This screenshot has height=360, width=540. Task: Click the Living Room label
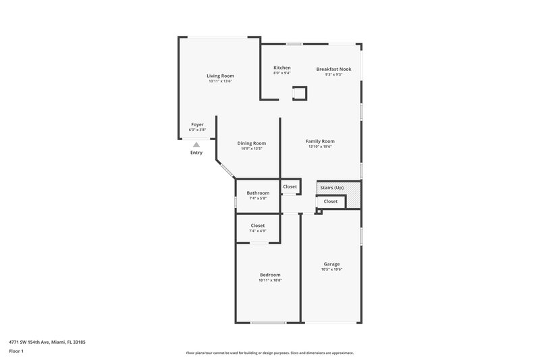pos(220,76)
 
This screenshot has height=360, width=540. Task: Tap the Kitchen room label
pos(282,68)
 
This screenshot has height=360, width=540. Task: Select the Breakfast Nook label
pos(333,69)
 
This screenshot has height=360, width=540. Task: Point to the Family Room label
pos(320,141)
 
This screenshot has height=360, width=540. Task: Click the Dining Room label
pos(251,143)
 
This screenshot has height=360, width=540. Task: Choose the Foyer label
pos(197,124)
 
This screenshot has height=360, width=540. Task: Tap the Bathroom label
pos(258,193)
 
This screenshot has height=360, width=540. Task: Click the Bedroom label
pos(270,275)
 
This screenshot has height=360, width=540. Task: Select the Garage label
pos(331,264)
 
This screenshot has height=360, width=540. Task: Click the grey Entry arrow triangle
pos(196,144)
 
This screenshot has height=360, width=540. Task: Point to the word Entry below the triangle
pos(196,153)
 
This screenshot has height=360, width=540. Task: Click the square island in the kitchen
pos(299,93)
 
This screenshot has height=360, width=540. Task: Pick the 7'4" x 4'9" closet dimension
pos(258,231)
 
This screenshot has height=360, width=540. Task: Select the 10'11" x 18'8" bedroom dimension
pos(270,280)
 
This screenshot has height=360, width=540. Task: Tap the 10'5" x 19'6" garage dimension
pos(331,269)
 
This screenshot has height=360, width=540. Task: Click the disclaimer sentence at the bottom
pos(269,353)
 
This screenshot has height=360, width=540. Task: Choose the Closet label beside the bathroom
pos(290,186)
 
